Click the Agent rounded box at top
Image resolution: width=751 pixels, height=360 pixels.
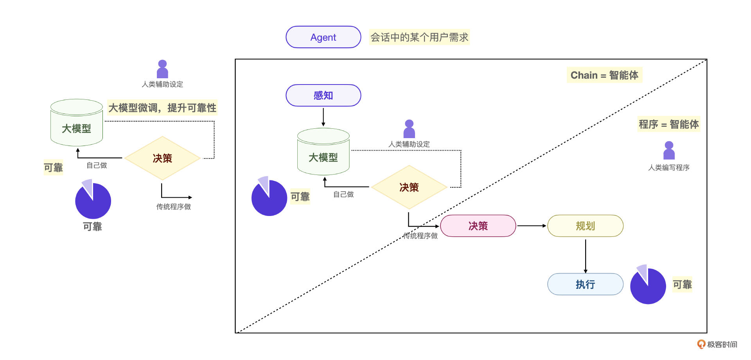point(323,37)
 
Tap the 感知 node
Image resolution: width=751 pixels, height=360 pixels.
point(323,95)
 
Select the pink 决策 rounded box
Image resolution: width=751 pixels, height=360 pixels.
point(478,226)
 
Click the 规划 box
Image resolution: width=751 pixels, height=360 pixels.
point(585,226)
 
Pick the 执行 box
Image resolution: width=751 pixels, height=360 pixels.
point(585,284)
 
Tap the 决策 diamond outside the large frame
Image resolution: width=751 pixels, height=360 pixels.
point(162,158)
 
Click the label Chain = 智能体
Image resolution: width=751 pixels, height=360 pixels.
point(604,75)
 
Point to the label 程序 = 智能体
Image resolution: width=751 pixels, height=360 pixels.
point(668,124)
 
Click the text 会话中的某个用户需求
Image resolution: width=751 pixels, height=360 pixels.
point(419,37)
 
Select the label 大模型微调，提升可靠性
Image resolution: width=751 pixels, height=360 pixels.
point(162,108)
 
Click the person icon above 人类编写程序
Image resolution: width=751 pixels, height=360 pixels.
point(669,151)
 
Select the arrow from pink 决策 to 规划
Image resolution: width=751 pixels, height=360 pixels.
point(532,226)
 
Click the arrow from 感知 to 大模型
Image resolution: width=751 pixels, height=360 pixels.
point(323,117)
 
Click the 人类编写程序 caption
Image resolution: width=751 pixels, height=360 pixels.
point(668,167)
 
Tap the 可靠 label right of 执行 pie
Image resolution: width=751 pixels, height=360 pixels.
point(682,284)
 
